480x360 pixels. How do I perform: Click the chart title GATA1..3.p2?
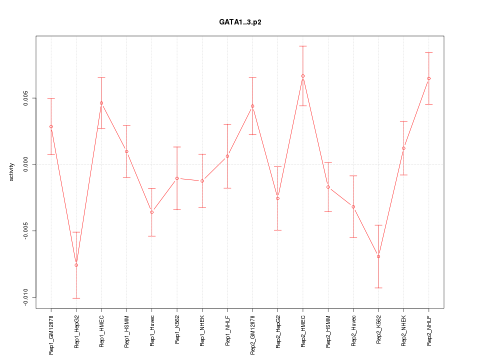(x=240, y=22)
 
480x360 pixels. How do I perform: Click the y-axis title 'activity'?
(x=11, y=172)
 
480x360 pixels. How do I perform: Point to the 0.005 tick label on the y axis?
(x=25, y=98)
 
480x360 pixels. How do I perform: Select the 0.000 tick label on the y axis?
(x=25, y=164)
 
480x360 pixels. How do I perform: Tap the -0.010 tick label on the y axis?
(x=25, y=297)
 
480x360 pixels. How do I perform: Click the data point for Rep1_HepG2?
(x=76, y=265)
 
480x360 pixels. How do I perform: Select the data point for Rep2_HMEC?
(x=303, y=76)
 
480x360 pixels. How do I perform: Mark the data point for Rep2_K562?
(x=378, y=256)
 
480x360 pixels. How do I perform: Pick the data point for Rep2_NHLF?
(x=429, y=78)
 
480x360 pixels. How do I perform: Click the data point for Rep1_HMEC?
(x=101, y=103)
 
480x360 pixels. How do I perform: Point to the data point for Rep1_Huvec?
(x=151, y=212)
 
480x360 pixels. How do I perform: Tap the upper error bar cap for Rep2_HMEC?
(x=303, y=46)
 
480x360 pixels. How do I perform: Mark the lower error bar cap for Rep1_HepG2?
(x=76, y=298)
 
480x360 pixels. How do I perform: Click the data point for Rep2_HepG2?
(x=278, y=198)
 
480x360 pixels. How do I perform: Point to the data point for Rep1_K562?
(x=177, y=178)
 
